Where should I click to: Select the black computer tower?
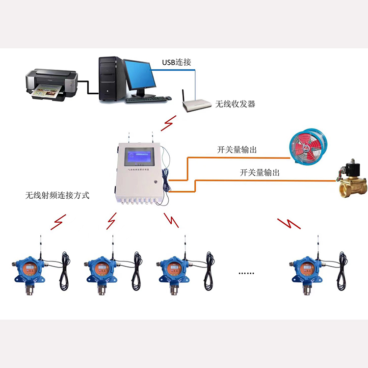[x=110, y=79]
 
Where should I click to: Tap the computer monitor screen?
[x=139, y=76]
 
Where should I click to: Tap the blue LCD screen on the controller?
[x=140, y=158]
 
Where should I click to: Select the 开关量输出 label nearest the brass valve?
[x=260, y=172]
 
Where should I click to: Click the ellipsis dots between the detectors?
[x=246, y=273]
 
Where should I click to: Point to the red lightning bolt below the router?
[x=170, y=122]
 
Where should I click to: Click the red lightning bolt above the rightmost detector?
[x=289, y=224]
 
